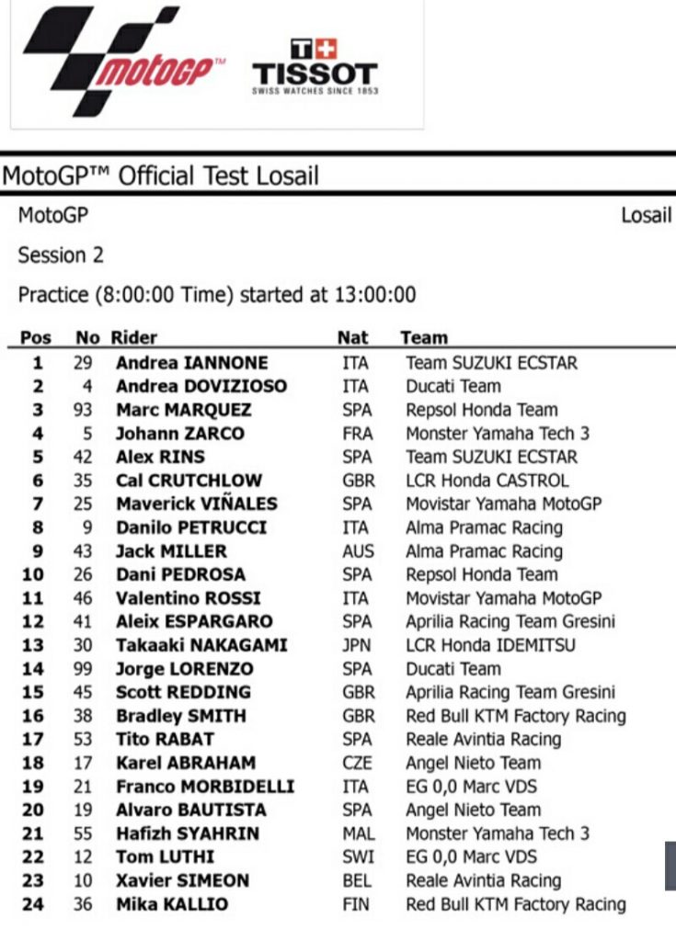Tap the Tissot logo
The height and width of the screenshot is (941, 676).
click(x=315, y=66)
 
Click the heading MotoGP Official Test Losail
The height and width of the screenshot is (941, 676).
click(x=161, y=175)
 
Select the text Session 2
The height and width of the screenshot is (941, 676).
click(x=61, y=255)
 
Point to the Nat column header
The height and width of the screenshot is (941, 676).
click(x=352, y=338)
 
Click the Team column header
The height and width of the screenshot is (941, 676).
click(x=424, y=338)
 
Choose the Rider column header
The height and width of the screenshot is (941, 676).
click(x=134, y=338)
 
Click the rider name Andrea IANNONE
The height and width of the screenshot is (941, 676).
click(x=192, y=363)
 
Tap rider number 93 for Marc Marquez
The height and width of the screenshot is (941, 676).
click(x=83, y=410)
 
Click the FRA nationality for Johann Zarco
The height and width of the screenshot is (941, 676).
click(x=354, y=434)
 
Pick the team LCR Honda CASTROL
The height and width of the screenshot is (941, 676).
click(x=487, y=481)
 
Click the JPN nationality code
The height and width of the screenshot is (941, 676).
click(x=355, y=645)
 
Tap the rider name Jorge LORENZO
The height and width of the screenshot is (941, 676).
click(x=185, y=669)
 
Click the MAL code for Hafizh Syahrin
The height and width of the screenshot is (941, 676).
click(x=356, y=834)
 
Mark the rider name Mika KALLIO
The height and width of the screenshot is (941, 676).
click(x=172, y=905)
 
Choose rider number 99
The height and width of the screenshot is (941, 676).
click(x=83, y=669)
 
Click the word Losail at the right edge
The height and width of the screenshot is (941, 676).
click(x=647, y=216)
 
